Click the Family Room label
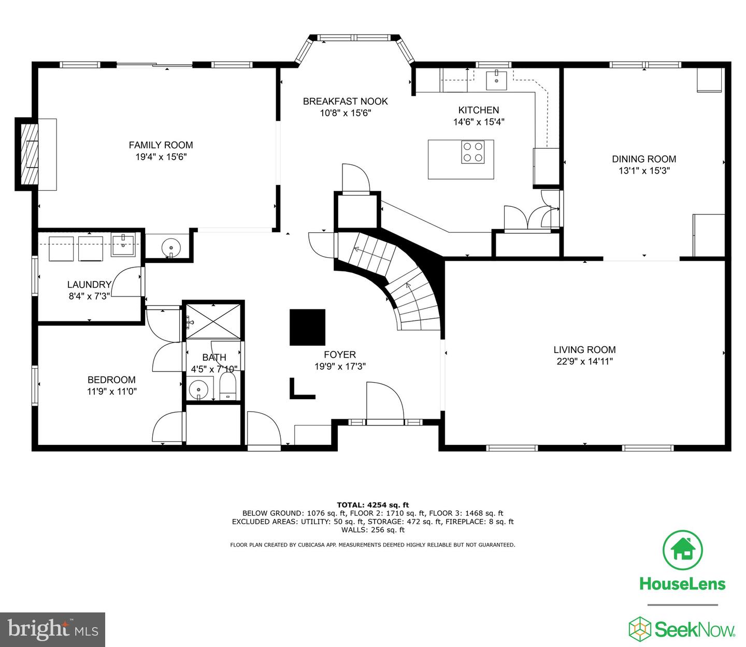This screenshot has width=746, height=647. [161, 145]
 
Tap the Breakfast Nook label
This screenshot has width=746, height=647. [345, 101]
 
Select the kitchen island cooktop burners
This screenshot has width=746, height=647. [472, 152]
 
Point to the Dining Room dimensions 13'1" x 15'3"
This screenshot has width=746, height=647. [644, 171]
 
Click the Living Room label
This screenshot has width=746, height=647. [584, 350]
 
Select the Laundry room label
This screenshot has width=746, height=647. [89, 285]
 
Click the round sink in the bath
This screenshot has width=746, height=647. [198, 389]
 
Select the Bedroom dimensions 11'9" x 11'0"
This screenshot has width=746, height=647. [111, 391]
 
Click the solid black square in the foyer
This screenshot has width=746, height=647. [307, 327]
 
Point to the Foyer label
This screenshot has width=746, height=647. [340, 355]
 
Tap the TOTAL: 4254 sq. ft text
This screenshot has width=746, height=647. [372, 504]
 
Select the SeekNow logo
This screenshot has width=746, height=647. [682, 629]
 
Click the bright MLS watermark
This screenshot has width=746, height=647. [53, 629]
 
